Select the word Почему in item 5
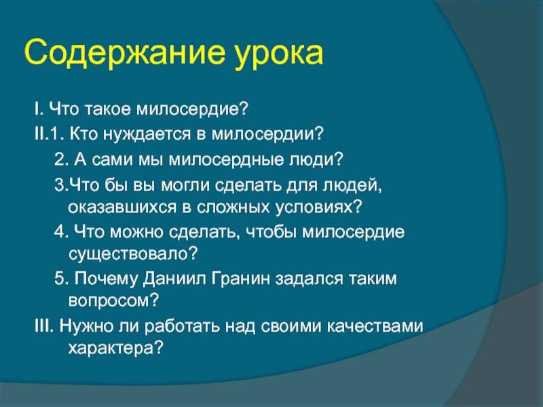pos(101,279)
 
